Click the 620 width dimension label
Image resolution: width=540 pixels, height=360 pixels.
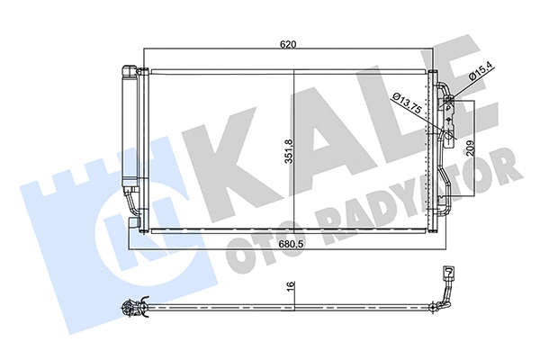pyautogui.click(x=288, y=42)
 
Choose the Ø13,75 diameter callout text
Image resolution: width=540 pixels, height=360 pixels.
pyautogui.click(x=408, y=101)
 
